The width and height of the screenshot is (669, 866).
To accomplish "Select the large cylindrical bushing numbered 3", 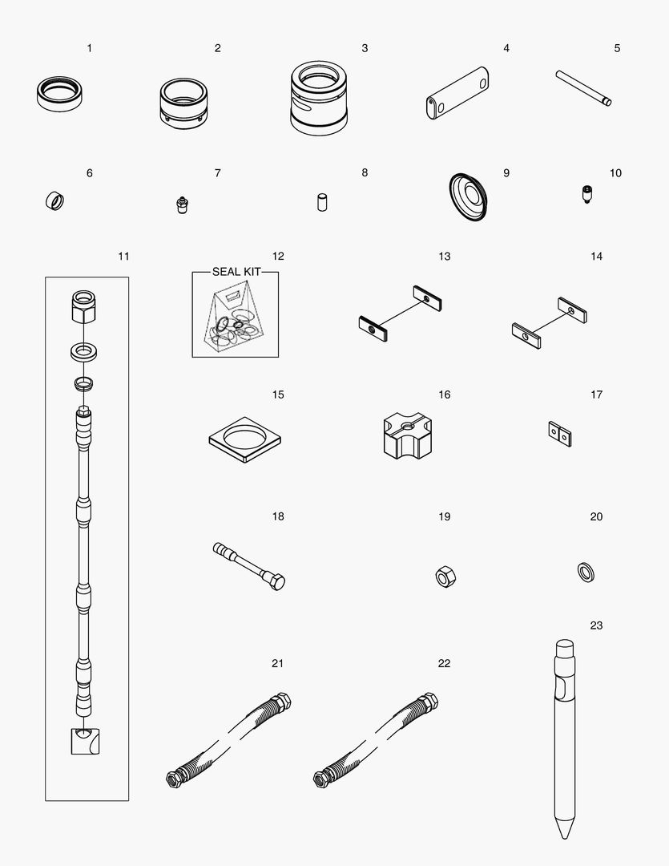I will (x=319, y=99).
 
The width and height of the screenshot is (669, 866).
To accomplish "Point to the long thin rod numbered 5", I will (x=583, y=87).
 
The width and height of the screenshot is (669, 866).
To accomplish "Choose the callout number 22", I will (x=444, y=663).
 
